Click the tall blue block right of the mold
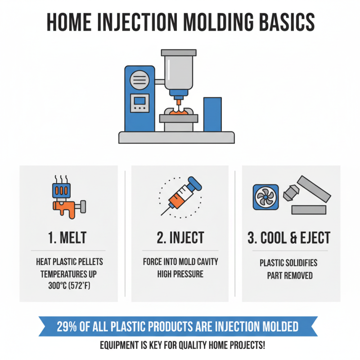(x=212, y=114)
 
